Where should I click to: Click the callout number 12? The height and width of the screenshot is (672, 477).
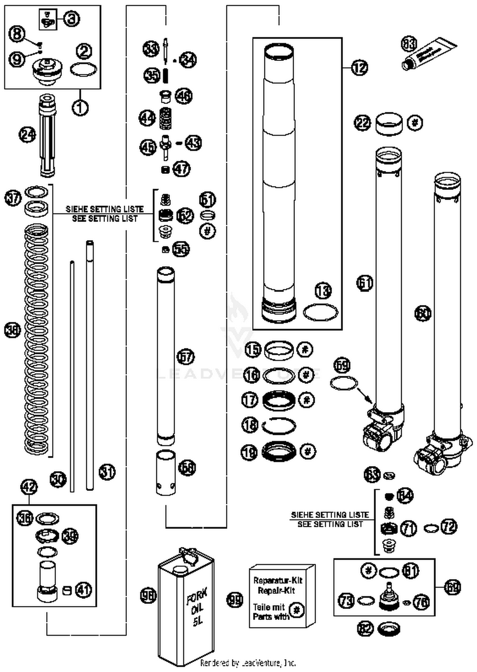tap(359, 68)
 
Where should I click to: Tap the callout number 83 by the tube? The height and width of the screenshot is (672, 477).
tap(409, 44)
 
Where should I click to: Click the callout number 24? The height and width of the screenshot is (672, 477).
tap(27, 135)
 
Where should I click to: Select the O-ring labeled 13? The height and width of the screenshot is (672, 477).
tap(320, 312)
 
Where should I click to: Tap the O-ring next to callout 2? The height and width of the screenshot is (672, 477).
tap(83, 69)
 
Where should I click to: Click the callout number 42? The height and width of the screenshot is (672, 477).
tap(29, 487)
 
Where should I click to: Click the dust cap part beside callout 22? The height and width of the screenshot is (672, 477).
tap(389, 124)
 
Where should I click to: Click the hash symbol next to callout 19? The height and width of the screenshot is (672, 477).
tap(308, 451)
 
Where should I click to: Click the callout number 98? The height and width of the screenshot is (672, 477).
tap(148, 595)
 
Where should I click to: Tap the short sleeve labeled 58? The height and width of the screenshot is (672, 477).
tap(165, 473)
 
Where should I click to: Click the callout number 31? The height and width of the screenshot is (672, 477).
tap(107, 472)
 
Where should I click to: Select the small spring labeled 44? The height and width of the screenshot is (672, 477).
tap(165, 118)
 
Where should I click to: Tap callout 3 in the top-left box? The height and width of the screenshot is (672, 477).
tap(72, 19)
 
